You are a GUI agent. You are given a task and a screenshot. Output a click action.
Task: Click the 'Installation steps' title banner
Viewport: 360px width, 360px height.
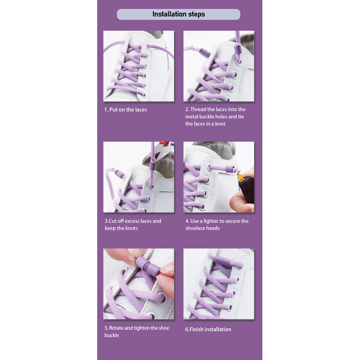178,14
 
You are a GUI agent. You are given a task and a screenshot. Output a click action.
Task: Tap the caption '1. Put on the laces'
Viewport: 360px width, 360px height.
126,110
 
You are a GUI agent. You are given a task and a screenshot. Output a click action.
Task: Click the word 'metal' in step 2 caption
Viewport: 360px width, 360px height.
192,117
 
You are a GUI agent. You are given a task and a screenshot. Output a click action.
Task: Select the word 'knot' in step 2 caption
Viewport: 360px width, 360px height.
220,124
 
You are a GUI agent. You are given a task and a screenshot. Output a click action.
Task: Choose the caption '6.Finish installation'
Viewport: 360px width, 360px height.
208,329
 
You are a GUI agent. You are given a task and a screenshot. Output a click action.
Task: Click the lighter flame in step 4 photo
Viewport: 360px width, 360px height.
240,176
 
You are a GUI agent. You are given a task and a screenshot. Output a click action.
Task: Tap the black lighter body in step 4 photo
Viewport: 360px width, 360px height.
247,191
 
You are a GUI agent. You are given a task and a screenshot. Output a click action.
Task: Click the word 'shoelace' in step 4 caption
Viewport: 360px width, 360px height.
195,228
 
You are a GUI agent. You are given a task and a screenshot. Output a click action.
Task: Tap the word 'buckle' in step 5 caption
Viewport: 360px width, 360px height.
112,335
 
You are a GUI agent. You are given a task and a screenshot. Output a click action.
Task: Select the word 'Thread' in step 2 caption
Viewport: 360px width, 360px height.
198,109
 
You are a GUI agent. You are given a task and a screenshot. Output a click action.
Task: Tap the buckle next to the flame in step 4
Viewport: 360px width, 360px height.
230,169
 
